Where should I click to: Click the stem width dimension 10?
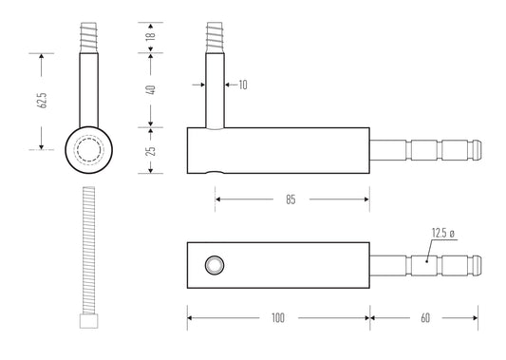point(243,85)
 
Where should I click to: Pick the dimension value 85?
point(291,199)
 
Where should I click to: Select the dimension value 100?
point(277,317)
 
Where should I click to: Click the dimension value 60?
point(423,317)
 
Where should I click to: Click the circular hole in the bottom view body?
point(215,265)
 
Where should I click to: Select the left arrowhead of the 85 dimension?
point(219,199)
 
